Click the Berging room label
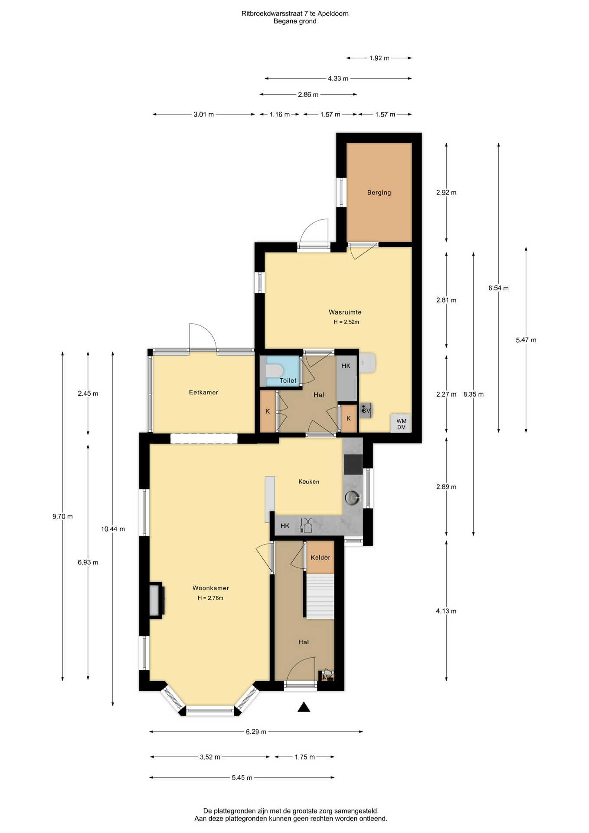[379, 192]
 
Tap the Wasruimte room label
[345, 312]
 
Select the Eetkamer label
[203, 392]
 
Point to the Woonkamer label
[211, 588]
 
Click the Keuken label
[309, 482]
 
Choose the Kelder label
[321, 558]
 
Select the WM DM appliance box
[401, 423]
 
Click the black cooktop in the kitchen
[353, 464]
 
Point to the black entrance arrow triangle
[304, 707]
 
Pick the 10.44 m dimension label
[113, 529]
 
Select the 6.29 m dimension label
[256, 732]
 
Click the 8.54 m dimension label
[498, 288]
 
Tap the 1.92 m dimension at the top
[379, 58]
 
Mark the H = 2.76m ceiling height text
[210, 598]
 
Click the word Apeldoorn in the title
[333, 13]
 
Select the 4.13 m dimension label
[446, 611]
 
